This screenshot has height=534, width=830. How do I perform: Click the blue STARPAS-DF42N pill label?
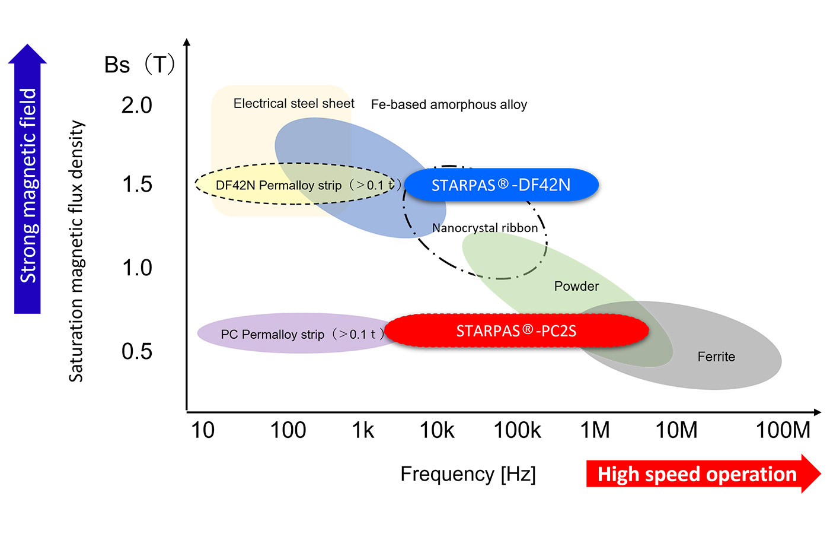[x=501, y=185]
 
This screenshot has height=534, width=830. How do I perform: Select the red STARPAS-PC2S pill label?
[x=516, y=331]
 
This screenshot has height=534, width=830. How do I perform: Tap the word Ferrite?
[x=716, y=357]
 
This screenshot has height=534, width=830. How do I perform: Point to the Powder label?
[x=576, y=286]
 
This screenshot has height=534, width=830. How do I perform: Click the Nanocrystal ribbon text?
[x=485, y=228]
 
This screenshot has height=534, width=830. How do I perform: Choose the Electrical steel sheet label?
[x=293, y=103]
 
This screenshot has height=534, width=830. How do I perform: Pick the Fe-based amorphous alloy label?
[x=449, y=104]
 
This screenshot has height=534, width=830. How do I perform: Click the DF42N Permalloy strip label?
[x=279, y=185]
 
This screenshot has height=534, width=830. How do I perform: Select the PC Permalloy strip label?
[x=273, y=335]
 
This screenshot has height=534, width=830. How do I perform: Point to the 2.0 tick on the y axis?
[x=137, y=105]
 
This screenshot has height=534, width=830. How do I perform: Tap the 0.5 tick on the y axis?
[x=137, y=351]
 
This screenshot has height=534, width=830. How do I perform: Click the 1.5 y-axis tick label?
[x=137, y=184]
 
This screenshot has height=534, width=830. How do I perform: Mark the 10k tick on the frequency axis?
[x=437, y=430]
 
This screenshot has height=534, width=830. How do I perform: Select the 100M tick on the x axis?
[x=783, y=430]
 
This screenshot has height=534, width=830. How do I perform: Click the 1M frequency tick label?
[x=595, y=430]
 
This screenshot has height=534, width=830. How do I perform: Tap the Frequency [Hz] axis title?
[x=468, y=474]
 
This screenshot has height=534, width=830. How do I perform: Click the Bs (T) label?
[x=140, y=64]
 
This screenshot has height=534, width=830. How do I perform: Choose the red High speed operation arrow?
[x=700, y=474]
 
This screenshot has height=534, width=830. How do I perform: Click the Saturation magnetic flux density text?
[x=76, y=250]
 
